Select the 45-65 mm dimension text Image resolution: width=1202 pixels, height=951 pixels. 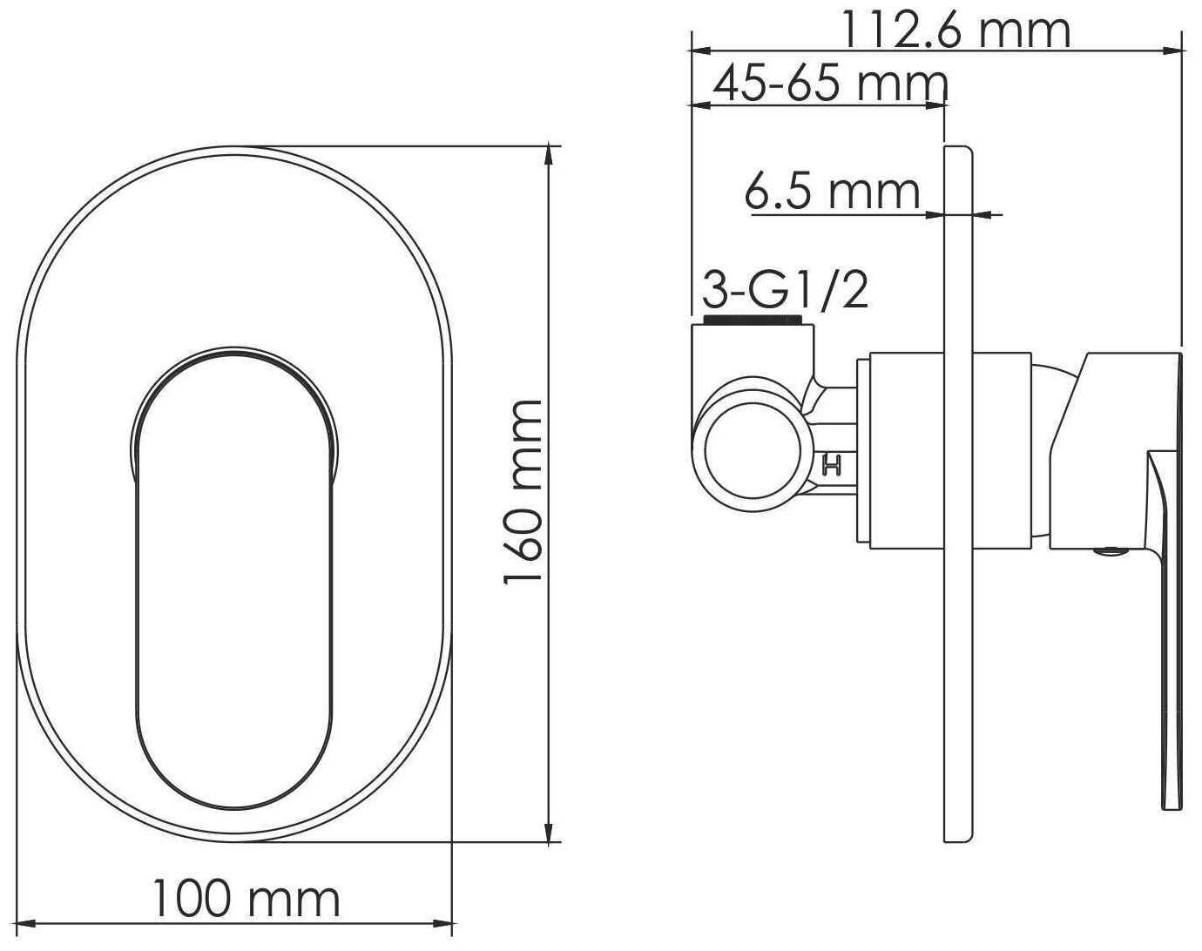[831, 84]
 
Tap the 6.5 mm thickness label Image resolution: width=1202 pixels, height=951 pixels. [832, 192]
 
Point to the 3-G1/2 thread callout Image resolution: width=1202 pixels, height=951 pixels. [785, 289]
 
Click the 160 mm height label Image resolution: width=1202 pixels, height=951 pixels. [523, 491]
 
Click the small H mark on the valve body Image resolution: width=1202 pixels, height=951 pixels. [832, 464]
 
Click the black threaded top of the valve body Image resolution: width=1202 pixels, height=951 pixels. [753, 321]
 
